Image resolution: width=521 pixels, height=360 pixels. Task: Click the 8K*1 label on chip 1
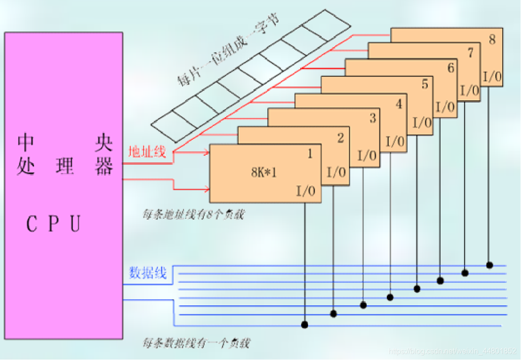pyautogui.click(x=264, y=173)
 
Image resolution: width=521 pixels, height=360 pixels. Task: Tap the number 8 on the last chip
pyautogui.click(x=492, y=40)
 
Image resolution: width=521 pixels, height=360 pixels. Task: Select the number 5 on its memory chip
pyautogui.click(x=425, y=85)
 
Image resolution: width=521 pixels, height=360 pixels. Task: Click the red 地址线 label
pyautogui.click(x=147, y=152)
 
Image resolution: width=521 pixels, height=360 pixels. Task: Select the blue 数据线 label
pyautogui.click(x=148, y=273)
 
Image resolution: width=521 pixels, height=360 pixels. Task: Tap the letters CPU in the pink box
pyautogui.click(x=53, y=224)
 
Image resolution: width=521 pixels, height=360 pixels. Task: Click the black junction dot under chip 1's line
pyautogui.click(x=305, y=324)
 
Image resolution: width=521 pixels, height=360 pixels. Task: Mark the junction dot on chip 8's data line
pyautogui.click(x=489, y=265)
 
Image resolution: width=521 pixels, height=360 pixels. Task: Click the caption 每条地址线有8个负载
pyautogui.click(x=194, y=215)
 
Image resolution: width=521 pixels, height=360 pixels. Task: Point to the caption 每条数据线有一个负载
pyautogui.click(x=196, y=343)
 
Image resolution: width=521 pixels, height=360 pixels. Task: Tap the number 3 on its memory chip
pyautogui.click(x=373, y=118)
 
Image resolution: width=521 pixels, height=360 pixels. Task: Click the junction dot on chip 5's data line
pyautogui.click(x=417, y=288)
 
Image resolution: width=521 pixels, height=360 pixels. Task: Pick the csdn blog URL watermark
pyautogui.click(x=455, y=351)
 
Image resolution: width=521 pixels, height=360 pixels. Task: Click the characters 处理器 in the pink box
pyautogui.click(x=65, y=167)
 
